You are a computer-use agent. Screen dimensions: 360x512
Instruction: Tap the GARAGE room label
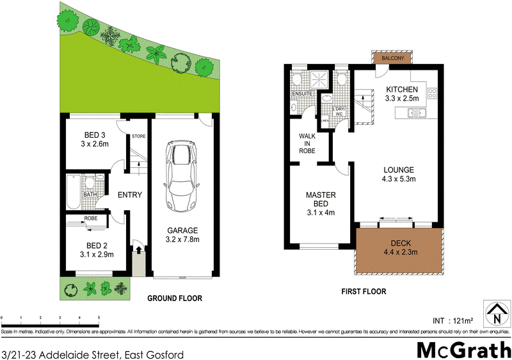[183, 231]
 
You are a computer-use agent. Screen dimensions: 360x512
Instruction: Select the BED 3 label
[95, 135]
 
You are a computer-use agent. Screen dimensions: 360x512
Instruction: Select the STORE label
[138, 136]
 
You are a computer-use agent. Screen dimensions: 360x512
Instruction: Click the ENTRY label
[129, 195]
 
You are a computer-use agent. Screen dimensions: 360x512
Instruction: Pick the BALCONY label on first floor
[393, 58]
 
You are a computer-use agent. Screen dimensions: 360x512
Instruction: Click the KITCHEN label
[402, 90]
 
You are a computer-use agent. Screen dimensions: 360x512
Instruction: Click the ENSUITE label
[301, 94]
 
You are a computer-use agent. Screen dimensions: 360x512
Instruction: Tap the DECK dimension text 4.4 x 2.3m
[399, 252]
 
